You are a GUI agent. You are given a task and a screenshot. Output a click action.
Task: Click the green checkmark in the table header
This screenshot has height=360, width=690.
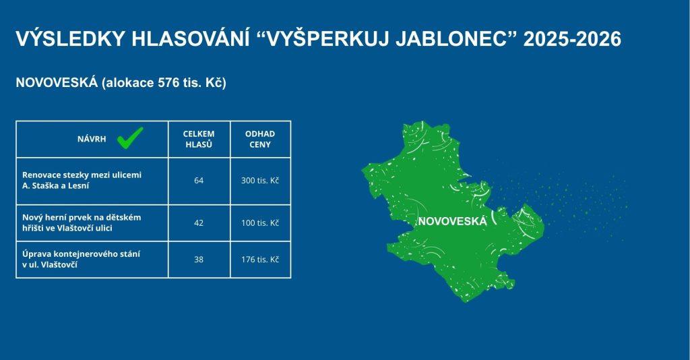[130, 138]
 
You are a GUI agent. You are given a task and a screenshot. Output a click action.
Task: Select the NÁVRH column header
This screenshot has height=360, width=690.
[92, 139]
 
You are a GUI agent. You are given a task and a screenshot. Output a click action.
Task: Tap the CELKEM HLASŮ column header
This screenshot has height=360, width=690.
[199, 139]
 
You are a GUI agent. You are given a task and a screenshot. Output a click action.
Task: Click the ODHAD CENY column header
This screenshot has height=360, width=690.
[260, 139]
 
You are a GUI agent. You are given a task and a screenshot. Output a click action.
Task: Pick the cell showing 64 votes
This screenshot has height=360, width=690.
[199, 181]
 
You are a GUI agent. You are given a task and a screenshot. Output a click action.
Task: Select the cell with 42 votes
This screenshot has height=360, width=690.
[199, 223]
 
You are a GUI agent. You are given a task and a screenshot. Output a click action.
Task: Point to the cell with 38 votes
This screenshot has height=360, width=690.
[199, 260]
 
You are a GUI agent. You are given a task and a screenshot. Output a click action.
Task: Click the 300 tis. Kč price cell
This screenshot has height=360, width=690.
[260, 181]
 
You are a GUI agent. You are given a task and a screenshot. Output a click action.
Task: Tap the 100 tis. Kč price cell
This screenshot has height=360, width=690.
[260, 223]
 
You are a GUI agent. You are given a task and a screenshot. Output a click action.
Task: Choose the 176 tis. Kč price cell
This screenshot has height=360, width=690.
[260, 260]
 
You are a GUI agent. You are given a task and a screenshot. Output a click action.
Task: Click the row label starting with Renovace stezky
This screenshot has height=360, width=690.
[82, 180]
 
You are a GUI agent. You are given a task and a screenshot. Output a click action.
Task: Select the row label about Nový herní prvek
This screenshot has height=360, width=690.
[82, 222]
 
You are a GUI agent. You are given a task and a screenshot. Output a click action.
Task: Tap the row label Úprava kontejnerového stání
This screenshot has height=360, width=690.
[81, 260]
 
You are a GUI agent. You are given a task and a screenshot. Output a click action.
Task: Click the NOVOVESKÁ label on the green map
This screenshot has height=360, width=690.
[453, 221]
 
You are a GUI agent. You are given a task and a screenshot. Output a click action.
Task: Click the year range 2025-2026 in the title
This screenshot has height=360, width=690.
[572, 38]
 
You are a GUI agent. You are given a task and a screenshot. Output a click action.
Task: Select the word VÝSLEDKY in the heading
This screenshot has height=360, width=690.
[70, 38]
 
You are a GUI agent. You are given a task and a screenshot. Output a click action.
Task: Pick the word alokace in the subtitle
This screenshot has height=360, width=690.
[127, 83]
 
